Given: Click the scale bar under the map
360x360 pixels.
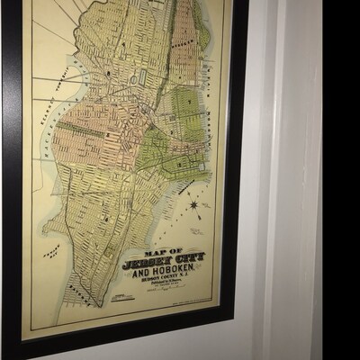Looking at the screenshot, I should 116,304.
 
